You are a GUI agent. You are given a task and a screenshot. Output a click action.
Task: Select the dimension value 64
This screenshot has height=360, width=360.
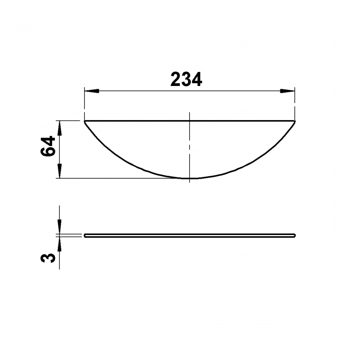pos(48,146)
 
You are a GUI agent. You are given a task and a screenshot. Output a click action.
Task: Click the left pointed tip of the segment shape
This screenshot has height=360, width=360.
pos(85,121)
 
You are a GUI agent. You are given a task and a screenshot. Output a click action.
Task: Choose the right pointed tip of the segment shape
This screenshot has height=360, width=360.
pos(295,121)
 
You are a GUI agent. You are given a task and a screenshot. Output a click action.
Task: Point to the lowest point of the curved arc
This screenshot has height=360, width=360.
pos(189,179)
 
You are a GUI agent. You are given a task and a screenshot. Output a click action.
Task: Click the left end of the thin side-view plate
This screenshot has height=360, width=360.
pos(85,235)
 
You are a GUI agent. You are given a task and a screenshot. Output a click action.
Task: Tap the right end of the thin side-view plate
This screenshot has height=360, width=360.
pos(295,235)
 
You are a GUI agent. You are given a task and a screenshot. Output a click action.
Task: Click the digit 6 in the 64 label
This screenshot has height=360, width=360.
pos(48,152)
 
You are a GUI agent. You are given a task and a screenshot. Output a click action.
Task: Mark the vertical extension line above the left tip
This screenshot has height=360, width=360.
pos(85,103)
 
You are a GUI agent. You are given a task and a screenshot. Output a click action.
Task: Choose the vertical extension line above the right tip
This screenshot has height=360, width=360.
pos(295,103)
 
